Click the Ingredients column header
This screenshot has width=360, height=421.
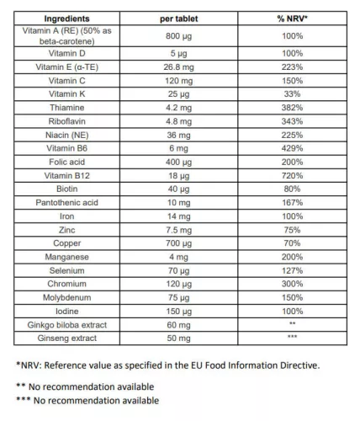[71, 19]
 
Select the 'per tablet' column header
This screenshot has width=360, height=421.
[179, 19]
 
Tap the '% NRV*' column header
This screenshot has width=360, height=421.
[293, 19]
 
